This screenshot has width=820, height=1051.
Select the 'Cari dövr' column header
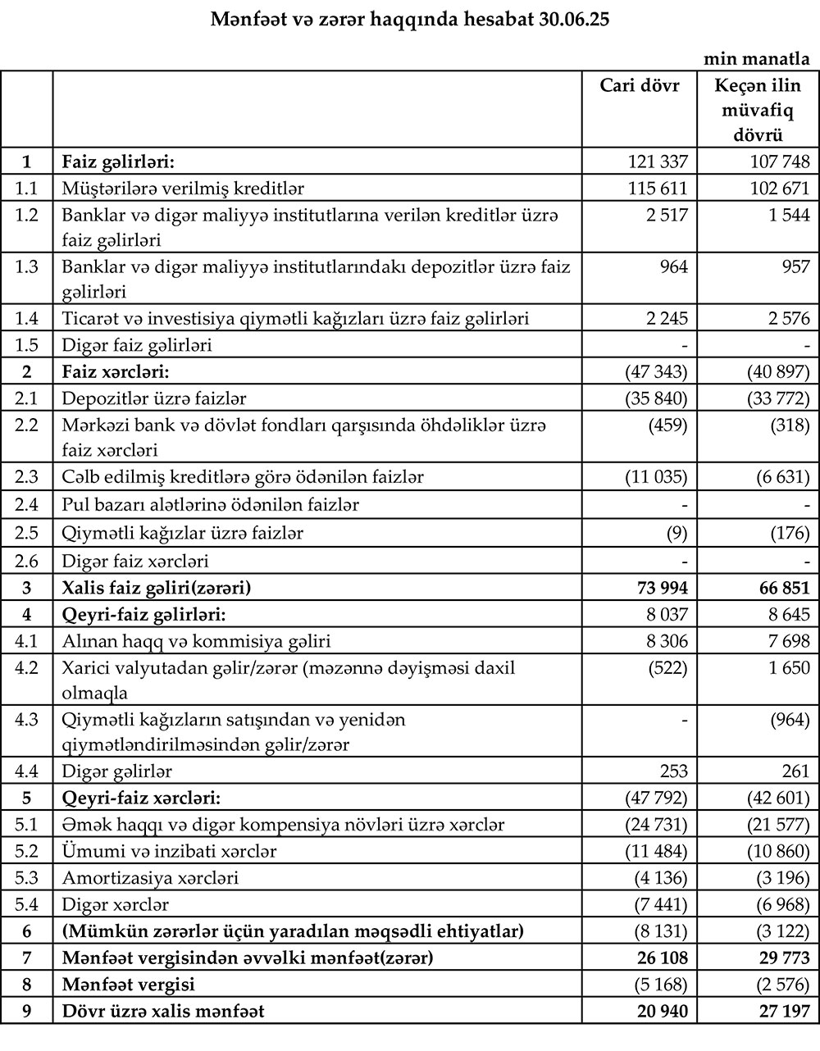click(x=640, y=86)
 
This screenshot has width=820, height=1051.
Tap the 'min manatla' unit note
click(x=757, y=59)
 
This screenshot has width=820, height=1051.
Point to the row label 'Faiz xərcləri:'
click(x=116, y=371)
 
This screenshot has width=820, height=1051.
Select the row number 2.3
click(x=27, y=476)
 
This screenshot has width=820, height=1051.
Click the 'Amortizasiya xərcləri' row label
click(x=151, y=877)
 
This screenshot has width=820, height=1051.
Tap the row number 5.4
click(x=27, y=904)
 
